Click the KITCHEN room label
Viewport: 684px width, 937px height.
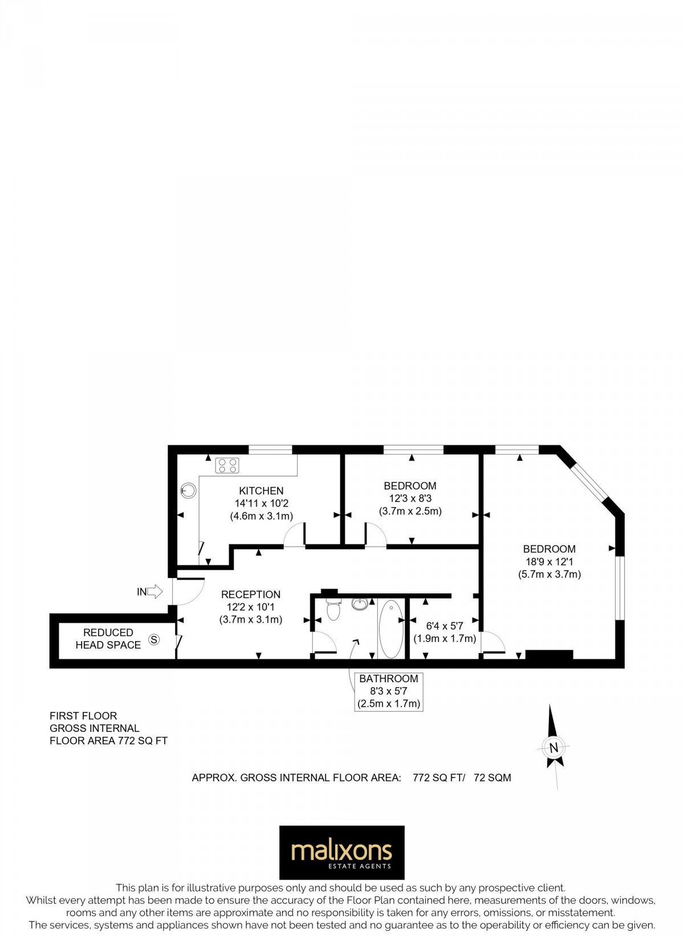click(x=261, y=491)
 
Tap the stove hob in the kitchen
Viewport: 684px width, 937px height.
click(x=227, y=466)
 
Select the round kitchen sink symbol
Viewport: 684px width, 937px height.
click(x=189, y=490)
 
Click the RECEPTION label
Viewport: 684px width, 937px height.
click(x=251, y=594)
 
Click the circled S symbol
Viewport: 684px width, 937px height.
click(x=154, y=639)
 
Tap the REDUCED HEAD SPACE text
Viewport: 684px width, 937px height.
click(x=108, y=639)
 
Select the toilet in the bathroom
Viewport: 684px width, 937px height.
click(x=333, y=609)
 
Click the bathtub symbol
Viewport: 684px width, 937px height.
click(x=391, y=628)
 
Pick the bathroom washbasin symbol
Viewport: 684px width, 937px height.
click(x=360, y=604)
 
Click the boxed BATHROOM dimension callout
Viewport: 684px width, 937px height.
click(x=389, y=691)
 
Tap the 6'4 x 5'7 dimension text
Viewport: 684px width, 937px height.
click(x=445, y=626)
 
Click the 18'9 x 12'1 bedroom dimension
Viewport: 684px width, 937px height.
click(x=549, y=561)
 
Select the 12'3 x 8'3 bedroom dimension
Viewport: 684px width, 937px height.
click(x=410, y=499)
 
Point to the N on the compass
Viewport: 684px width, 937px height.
click(x=553, y=748)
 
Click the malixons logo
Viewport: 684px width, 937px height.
click(x=341, y=853)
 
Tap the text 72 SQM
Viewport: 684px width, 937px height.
click(x=492, y=777)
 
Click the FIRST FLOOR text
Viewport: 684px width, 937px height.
click(x=83, y=716)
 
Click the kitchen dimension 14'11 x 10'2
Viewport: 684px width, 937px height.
click(x=262, y=503)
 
